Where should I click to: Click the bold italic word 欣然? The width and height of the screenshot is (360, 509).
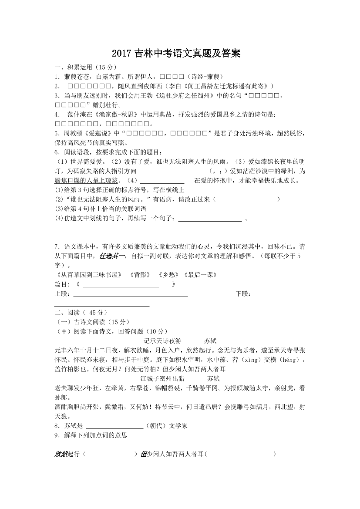point(61,454)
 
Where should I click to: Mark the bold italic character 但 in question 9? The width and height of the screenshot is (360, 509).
point(143,454)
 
